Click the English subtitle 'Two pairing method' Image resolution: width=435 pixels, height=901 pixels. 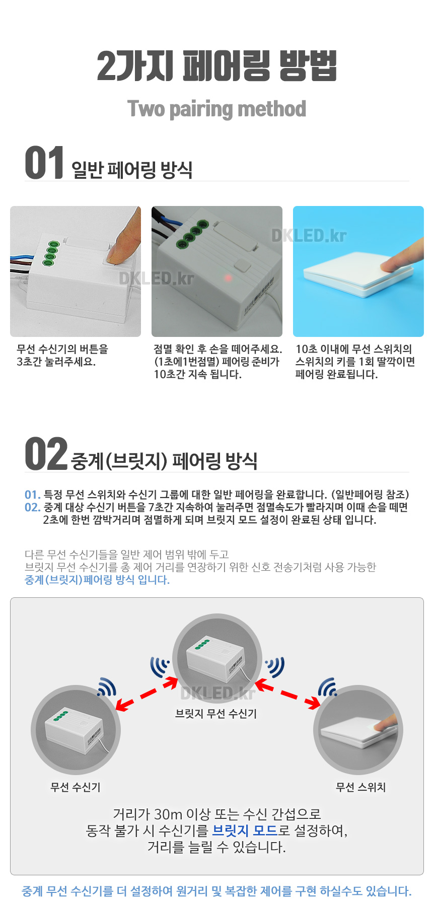216,109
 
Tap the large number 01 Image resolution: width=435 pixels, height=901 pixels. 44,163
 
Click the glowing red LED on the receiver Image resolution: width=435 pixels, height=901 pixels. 228,278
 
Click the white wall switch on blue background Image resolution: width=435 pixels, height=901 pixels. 358,274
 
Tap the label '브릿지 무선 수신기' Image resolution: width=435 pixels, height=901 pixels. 216,713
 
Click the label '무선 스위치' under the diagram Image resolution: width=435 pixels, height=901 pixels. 360,787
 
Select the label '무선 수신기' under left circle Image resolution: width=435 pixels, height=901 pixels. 76,787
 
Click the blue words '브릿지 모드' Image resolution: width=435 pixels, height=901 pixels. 245,830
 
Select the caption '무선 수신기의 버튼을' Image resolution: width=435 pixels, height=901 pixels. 62,349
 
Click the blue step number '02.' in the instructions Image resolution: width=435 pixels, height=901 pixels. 33,507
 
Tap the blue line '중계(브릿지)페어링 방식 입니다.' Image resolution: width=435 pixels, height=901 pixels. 97,580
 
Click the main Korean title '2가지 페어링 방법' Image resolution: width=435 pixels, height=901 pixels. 216,66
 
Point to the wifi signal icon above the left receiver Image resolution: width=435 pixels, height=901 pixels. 107,687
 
